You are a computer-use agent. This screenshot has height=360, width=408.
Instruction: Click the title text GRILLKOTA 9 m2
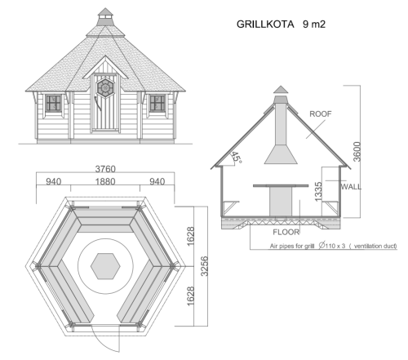[281, 25]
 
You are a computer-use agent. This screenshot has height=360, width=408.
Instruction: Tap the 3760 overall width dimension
[104, 170]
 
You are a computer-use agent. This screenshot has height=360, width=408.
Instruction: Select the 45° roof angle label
[237, 158]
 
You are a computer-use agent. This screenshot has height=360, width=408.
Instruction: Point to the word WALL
[351, 186]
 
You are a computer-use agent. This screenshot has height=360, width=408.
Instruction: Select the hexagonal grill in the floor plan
[104, 264]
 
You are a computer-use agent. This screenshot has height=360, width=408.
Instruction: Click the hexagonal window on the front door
[104, 86]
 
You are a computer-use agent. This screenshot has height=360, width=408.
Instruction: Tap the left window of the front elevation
[54, 103]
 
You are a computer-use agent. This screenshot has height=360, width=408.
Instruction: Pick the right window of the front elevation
[157, 103]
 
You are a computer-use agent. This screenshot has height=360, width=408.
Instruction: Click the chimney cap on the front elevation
[104, 15]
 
